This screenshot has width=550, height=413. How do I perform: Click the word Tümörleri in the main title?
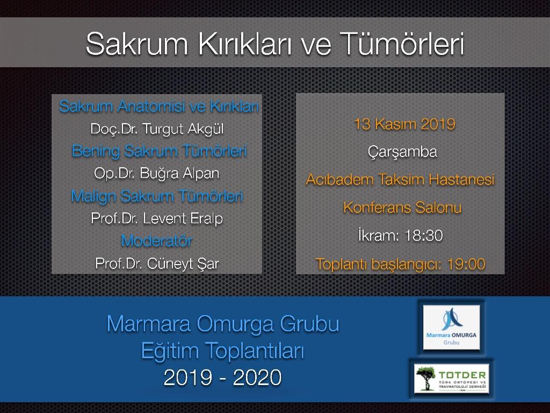click(x=402, y=44)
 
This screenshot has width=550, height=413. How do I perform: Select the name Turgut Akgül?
click(x=183, y=129)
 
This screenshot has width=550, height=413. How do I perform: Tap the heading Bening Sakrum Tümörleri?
click(x=159, y=151)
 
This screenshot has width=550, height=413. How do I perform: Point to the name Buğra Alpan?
click(x=179, y=174)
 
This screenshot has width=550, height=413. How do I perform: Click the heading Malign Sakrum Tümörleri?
click(x=157, y=196)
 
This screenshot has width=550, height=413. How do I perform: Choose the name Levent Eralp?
click(x=183, y=218)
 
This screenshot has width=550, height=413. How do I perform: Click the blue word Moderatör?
click(x=156, y=241)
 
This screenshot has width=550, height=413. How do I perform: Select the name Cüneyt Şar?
click(x=183, y=264)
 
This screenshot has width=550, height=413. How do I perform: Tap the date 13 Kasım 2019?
click(x=404, y=124)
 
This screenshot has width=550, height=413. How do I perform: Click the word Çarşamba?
click(x=402, y=152)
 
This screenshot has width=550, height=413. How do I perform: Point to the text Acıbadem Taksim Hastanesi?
click(x=400, y=180)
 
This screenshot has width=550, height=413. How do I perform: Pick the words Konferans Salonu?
click(x=402, y=207)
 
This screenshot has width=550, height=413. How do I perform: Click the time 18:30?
click(x=423, y=236)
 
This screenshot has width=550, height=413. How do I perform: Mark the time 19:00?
click(x=466, y=264)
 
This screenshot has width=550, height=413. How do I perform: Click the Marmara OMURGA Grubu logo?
click(x=451, y=327)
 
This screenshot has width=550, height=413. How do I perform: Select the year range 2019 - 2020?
click(x=222, y=378)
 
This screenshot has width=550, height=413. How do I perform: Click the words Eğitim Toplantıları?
click(x=223, y=351)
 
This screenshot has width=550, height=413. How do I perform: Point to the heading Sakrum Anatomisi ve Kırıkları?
click(x=159, y=106)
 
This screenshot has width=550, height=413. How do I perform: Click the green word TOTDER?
click(x=462, y=375)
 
